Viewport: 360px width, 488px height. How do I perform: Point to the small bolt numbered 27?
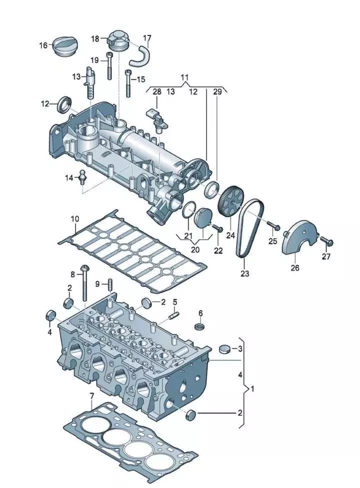coord(327,242)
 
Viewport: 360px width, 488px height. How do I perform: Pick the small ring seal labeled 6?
coord(200,326)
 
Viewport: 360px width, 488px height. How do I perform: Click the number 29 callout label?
coord(217,91)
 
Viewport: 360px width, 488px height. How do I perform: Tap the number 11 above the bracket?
coord(185,77)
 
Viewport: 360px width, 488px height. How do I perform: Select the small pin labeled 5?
coord(174,315)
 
